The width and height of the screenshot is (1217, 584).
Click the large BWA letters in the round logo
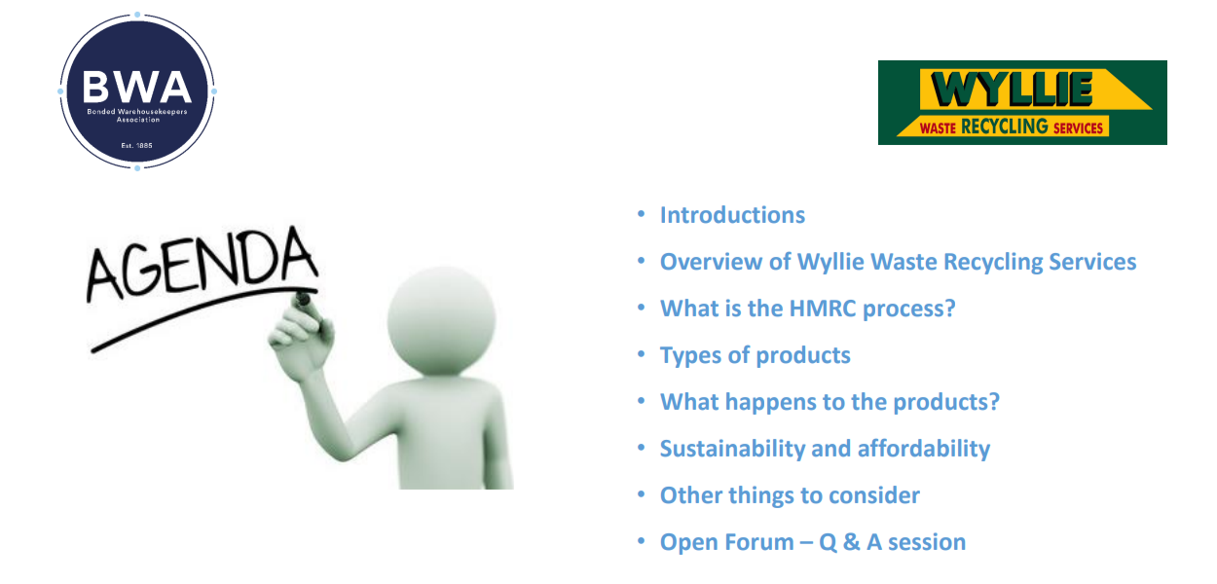pyautogui.click(x=137, y=87)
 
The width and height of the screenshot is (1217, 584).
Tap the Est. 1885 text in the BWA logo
pyautogui.click(x=137, y=146)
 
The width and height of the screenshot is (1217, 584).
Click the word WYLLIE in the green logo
pyautogui.click(x=1012, y=89)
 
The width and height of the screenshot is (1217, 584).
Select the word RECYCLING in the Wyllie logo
pyautogui.click(x=1005, y=127)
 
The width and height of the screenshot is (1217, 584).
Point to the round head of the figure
pyautogui.click(x=441, y=321)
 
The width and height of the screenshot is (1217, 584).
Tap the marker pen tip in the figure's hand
pyautogui.click(x=302, y=299)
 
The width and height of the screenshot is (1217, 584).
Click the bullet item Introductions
pyautogui.click(x=732, y=215)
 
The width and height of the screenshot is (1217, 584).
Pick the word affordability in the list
pyautogui.click(x=924, y=450)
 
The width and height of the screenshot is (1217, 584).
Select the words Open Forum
pyautogui.click(x=727, y=542)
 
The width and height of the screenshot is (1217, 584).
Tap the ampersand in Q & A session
pyautogui.click(x=851, y=542)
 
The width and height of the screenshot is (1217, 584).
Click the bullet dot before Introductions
pyautogui.click(x=641, y=214)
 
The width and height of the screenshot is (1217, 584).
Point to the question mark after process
pyautogui.click(x=949, y=309)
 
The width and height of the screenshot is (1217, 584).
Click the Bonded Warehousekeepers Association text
pyautogui.click(x=137, y=116)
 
